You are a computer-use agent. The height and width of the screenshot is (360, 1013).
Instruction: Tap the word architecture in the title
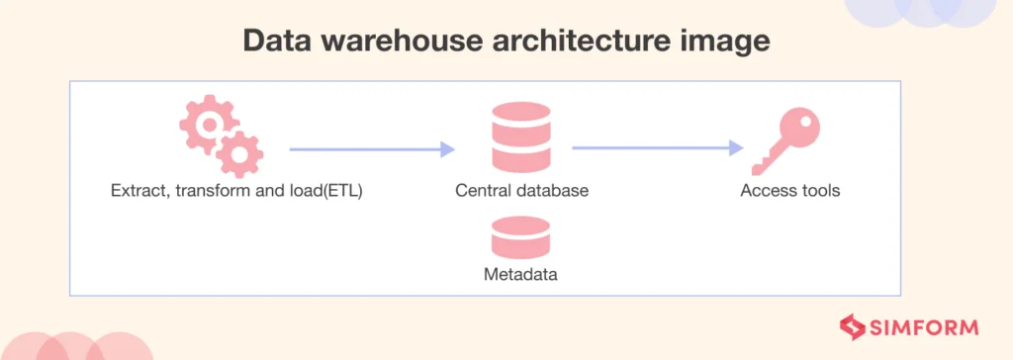584,41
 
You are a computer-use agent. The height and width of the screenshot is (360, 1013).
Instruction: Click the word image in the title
727,42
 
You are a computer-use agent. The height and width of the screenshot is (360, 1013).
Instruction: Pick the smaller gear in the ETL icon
239,154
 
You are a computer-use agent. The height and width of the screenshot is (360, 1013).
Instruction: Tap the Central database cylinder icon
521,137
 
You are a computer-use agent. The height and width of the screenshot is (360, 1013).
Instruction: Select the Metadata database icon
520,237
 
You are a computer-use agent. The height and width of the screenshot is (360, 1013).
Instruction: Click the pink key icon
785,140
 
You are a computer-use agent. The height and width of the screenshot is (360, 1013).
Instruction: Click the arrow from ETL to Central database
372,149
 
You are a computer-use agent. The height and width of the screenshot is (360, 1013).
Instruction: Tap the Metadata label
520,275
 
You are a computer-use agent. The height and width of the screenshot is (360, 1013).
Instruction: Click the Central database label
522,191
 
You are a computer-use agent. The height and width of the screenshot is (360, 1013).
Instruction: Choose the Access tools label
790,191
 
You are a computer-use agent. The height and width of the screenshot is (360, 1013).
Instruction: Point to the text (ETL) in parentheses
340,192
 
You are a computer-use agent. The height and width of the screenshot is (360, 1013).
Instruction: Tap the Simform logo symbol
852,327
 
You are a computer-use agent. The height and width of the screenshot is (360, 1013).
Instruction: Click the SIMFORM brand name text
924,327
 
